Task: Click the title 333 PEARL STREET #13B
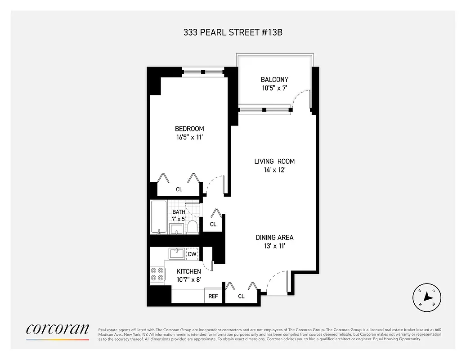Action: pos(233,32)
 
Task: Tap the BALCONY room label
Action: pos(274,80)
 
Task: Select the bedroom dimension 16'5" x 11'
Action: pos(189,138)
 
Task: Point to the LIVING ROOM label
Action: pos(274,161)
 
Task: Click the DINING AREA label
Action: pos(274,237)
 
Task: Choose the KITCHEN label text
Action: pos(188,271)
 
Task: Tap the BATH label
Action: pos(179,212)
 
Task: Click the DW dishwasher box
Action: pos(192,254)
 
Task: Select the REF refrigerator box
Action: pos(213,296)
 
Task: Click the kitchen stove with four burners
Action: pos(157,274)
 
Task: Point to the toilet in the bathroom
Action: pos(193,227)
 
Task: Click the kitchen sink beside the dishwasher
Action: pos(176,254)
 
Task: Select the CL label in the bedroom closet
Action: pos(179,189)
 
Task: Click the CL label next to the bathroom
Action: pos(213,224)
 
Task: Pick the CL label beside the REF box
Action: pos(241,296)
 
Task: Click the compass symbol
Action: pos(427,297)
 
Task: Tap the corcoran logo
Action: pos(58,329)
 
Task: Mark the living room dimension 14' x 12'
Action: pos(274,170)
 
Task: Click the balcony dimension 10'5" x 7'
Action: pos(274,88)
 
